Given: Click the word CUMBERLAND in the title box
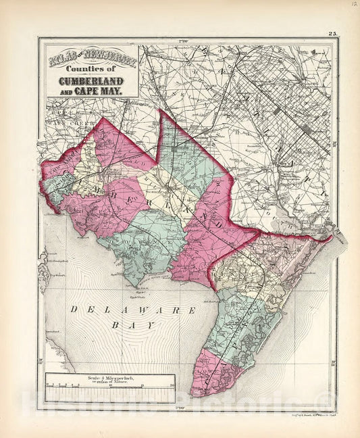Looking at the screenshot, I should (x=93, y=78).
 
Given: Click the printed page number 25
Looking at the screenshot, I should (x=333, y=33).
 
